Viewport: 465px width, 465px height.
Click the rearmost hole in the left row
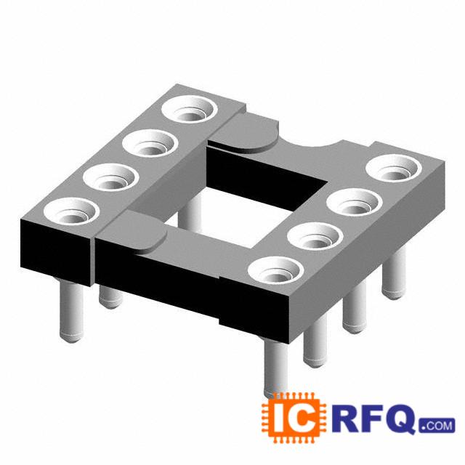coord(190,108)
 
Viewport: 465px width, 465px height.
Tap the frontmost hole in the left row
coord(71,211)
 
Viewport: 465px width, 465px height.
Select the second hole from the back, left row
coord(150,143)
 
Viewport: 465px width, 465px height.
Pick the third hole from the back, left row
coord(111,177)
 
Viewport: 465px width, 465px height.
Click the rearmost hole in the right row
coord(394,168)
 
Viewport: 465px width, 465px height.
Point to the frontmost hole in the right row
coord(276,270)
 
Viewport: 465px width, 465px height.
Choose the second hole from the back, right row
coord(354,202)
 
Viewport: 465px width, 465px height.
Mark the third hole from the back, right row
coord(315,235)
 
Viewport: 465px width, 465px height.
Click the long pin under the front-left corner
coord(71,312)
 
